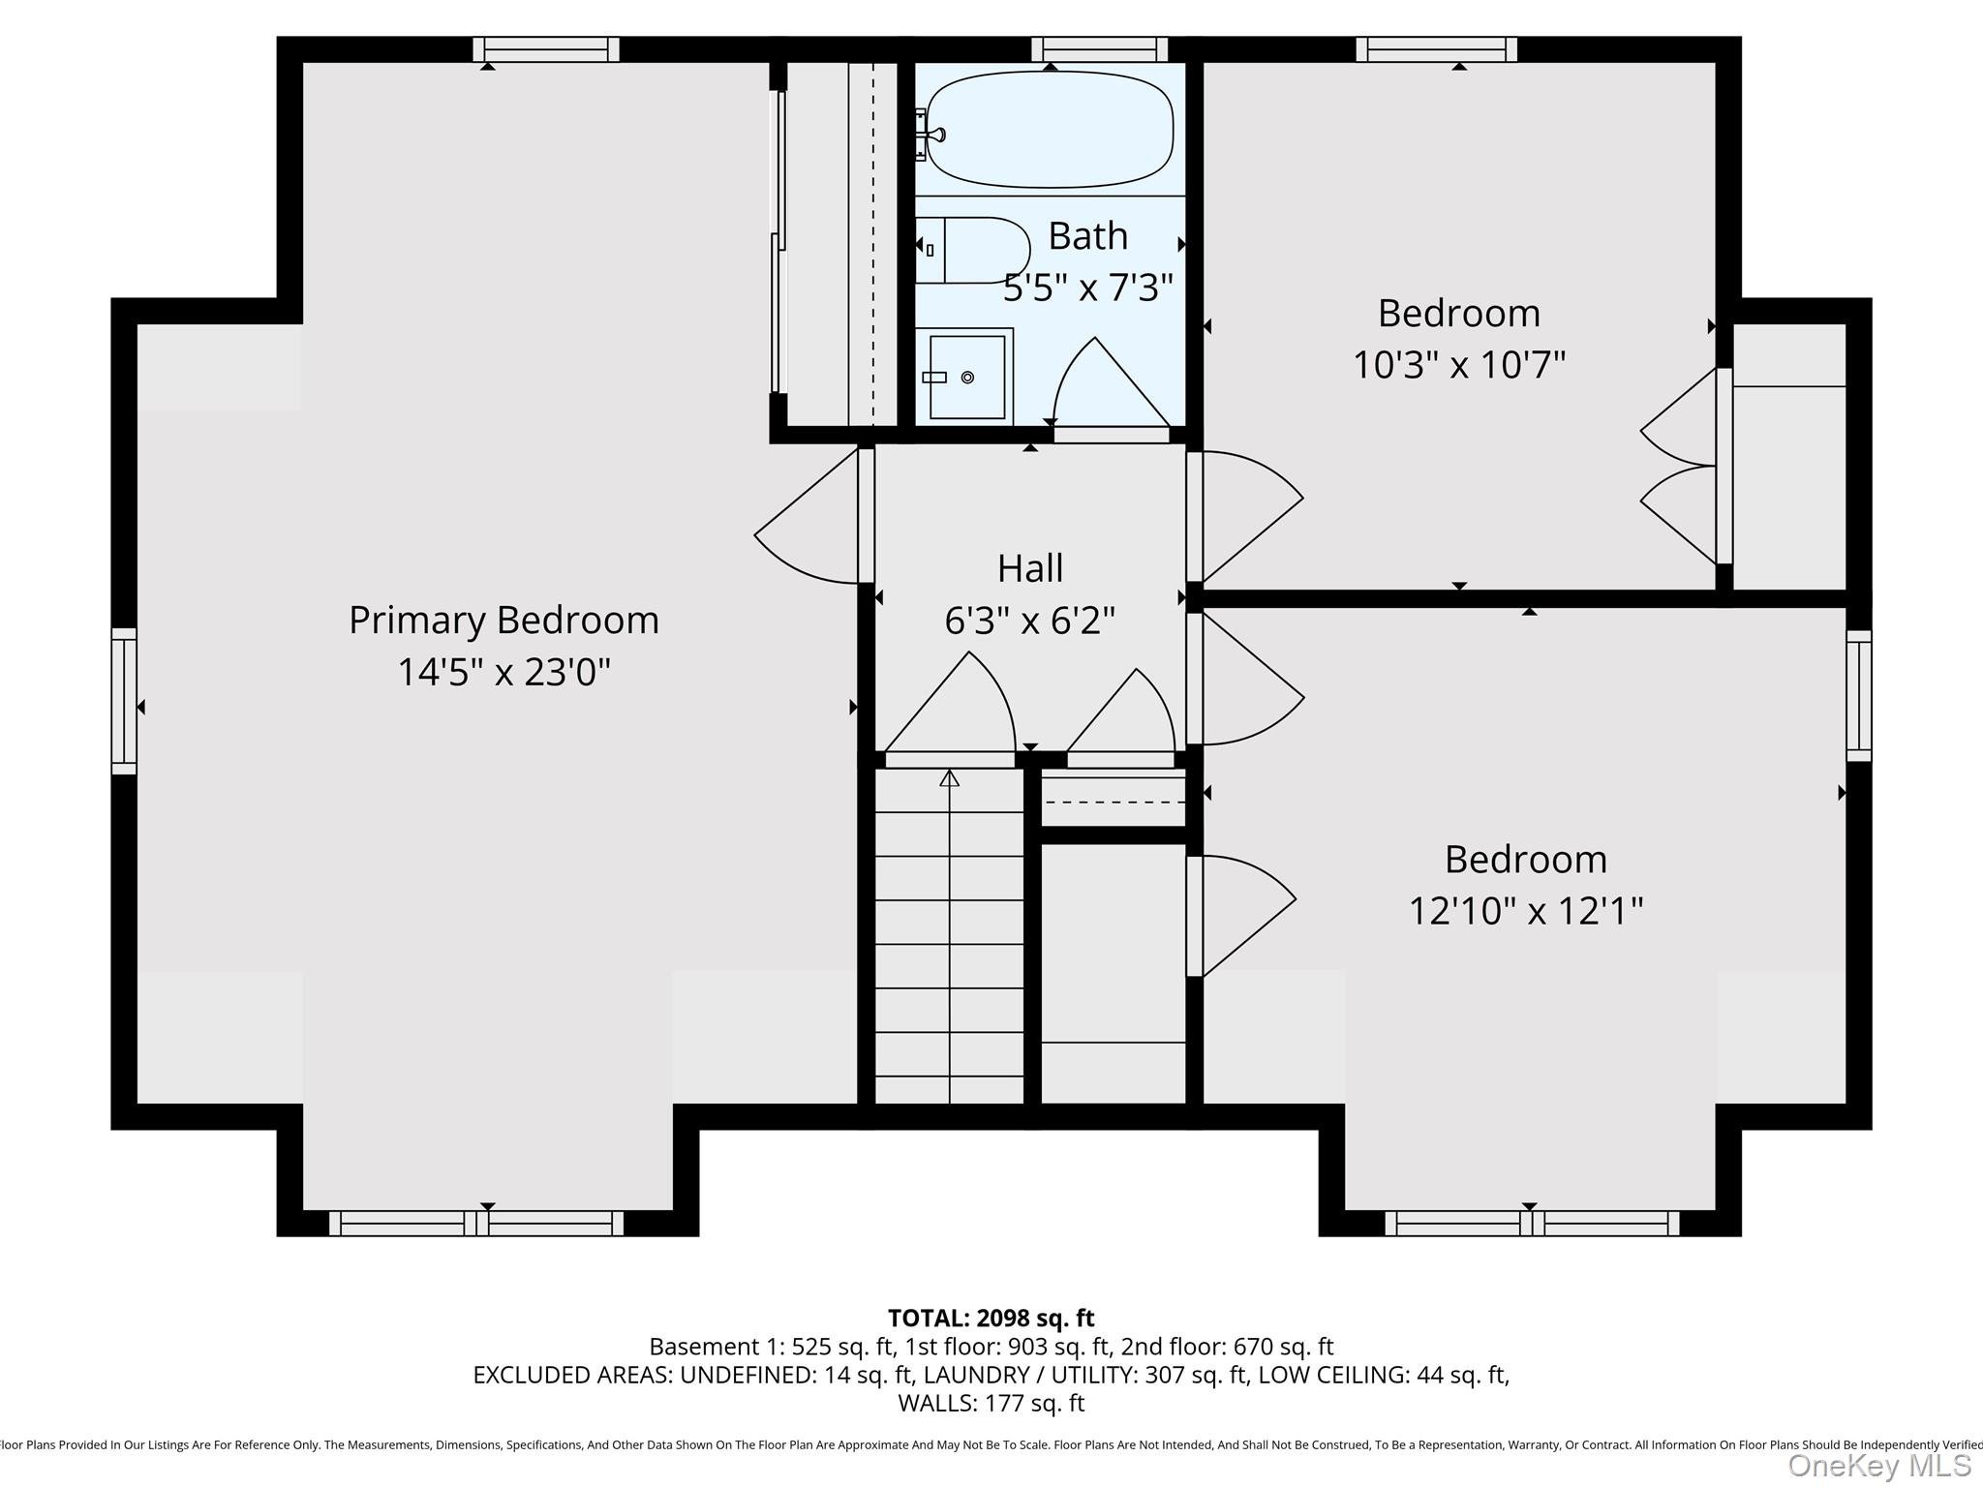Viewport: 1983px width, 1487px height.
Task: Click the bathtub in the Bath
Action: [x=1050, y=129]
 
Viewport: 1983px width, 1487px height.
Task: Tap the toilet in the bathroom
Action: [x=974, y=250]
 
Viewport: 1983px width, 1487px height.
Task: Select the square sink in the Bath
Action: [x=966, y=378]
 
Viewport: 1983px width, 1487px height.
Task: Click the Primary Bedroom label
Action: [x=503, y=620]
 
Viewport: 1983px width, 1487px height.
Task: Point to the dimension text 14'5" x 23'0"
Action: [x=503, y=672]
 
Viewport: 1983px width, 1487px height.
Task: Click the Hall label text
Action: [x=1030, y=568]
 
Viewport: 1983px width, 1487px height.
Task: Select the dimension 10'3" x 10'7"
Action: [x=1458, y=365]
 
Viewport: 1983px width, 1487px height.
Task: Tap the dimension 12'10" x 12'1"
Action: [x=1525, y=911]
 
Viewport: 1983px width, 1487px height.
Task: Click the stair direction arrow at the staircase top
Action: [x=949, y=777]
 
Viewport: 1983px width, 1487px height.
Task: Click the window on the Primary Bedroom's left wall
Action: [x=124, y=701]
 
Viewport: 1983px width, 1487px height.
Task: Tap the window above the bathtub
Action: [x=1099, y=49]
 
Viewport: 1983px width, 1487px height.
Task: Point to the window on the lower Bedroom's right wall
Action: [x=1858, y=695]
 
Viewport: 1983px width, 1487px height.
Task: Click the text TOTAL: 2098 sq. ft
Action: [x=991, y=1318]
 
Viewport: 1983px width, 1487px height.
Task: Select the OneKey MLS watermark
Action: [x=1877, y=1466]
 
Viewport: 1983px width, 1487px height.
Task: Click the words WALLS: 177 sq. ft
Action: [x=991, y=1403]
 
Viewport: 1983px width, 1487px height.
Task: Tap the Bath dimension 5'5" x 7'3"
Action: [x=1087, y=288]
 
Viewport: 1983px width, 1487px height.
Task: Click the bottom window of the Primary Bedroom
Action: [x=476, y=1224]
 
